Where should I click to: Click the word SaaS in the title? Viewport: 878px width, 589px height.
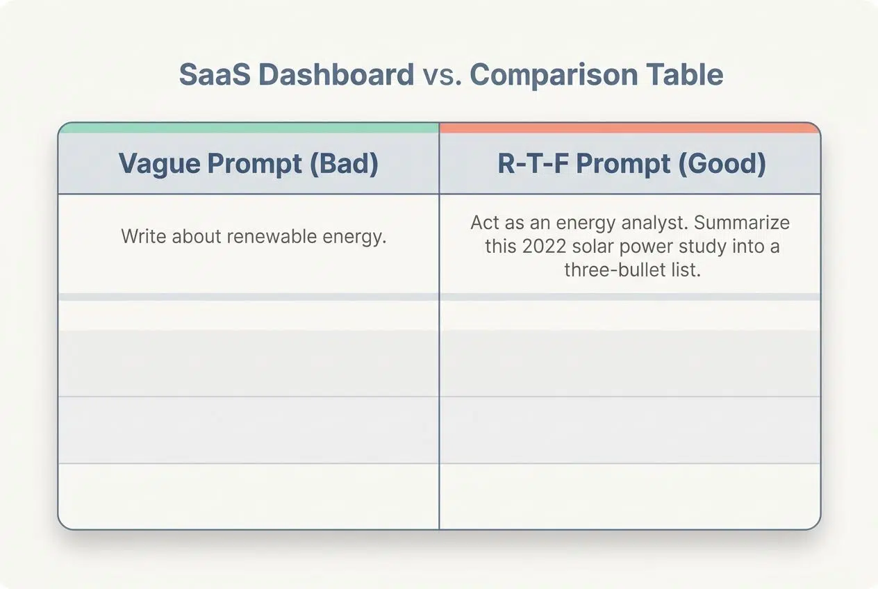(x=215, y=74)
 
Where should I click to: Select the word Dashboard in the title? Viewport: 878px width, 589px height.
(x=336, y=74)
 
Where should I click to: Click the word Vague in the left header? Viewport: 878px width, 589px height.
(x=160, y=164)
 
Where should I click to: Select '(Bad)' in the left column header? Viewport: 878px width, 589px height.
(x=344, y=163)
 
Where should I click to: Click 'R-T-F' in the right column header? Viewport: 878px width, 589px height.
(x=533, y=163)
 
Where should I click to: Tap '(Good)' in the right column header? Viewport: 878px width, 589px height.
(x=722, y=163)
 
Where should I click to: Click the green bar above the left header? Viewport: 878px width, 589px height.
(x=249, y=128)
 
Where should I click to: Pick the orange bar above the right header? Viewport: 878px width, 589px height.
(x=630, y=128)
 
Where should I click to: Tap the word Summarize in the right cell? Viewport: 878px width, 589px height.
(x=742, y=222)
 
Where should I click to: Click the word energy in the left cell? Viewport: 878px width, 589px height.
(x=354, y=238)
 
